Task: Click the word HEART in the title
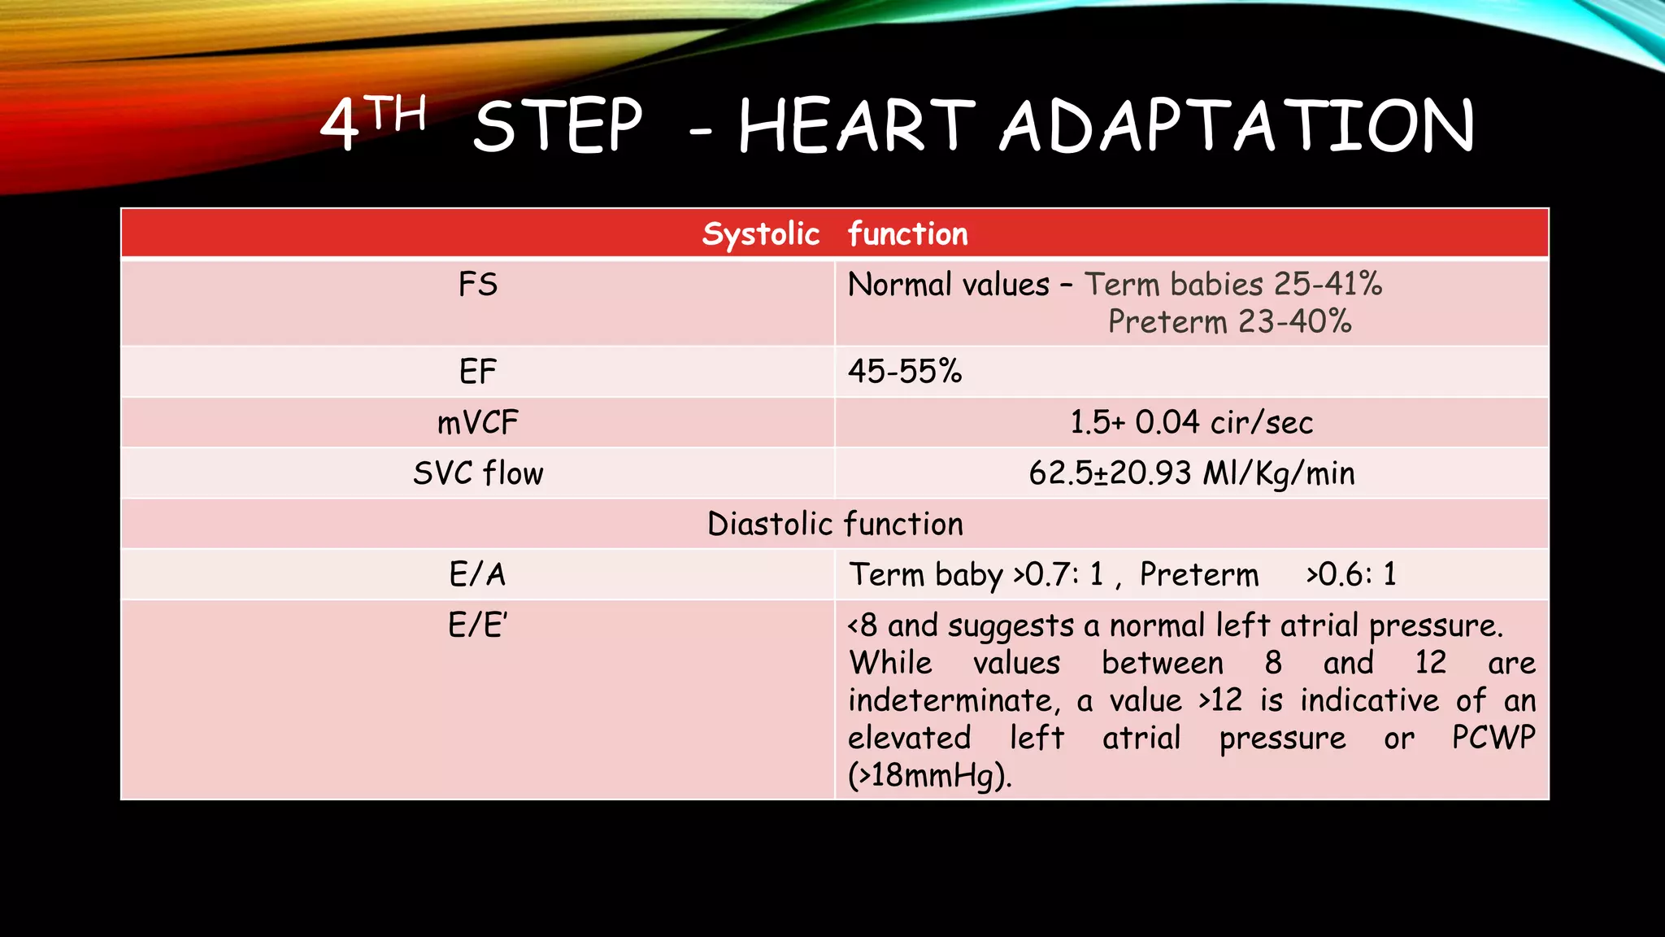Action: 855,126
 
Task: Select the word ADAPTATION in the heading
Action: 1237,126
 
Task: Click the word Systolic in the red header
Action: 761,234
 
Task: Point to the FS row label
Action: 478,285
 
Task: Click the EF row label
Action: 478,372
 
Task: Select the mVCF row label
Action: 478,422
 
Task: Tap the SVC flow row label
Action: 478,473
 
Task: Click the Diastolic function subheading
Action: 835,524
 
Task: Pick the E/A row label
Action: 478,574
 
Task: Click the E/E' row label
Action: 478,625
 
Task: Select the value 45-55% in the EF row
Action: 905,372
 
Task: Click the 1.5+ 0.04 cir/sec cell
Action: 1191,422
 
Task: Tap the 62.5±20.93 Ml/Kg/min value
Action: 1191,473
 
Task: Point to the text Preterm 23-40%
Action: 1229,322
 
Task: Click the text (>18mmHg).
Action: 929,775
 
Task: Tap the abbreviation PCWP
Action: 1493,737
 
